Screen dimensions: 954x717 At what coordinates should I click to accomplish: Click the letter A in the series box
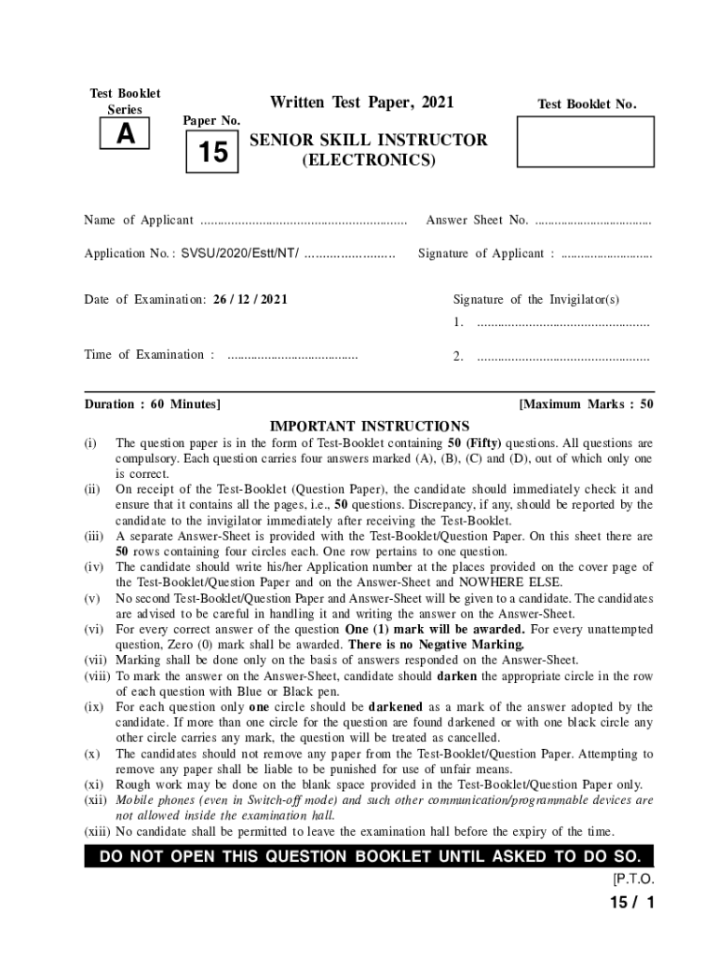coord(125,136)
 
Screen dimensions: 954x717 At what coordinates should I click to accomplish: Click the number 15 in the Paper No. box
coord(212,151)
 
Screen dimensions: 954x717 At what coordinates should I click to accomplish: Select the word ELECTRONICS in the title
coord(368,160)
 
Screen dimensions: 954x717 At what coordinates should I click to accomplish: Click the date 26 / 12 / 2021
coord(250,299)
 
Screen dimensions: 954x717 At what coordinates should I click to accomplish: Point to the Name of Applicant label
coord(139,220)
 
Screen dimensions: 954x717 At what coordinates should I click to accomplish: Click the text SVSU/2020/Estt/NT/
coord(240,253)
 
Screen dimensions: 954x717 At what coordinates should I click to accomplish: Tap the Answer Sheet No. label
coord(477,220)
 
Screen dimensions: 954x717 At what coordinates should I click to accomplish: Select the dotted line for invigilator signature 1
coord(562,323)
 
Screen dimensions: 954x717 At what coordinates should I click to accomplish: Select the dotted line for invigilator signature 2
coord(562,357)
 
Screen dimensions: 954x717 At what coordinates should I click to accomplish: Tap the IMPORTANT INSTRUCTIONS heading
coord(370,426)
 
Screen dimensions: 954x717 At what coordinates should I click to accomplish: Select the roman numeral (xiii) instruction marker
coord(98,832)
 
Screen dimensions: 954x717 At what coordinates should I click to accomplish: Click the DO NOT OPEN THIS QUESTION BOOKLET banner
coord(369,856)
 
